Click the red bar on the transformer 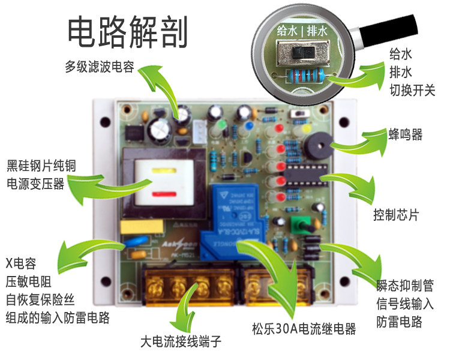[x=161, y=193]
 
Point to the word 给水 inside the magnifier [x=287, y=29]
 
